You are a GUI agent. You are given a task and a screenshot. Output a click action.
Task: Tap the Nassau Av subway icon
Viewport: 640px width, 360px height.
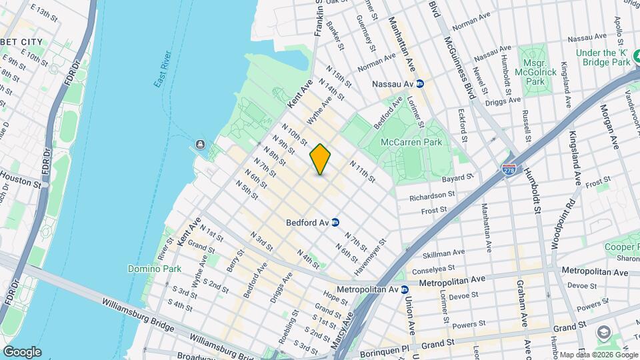coord(420,85)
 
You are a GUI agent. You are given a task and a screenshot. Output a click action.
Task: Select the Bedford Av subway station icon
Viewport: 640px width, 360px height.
coord(336,223)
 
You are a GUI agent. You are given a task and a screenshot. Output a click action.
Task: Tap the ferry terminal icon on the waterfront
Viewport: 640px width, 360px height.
coord(200,145)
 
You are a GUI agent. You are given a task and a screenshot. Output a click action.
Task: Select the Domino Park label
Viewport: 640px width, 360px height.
coord(149,269)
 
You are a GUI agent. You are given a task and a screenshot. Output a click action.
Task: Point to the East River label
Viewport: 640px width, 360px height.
coord(163,69)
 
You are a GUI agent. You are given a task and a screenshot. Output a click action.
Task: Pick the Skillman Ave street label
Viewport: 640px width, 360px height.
coord(445,254)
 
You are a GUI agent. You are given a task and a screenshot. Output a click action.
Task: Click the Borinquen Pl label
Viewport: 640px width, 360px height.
coord(379,349)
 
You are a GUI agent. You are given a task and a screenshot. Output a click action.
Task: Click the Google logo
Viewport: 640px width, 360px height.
coord(22,352)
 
